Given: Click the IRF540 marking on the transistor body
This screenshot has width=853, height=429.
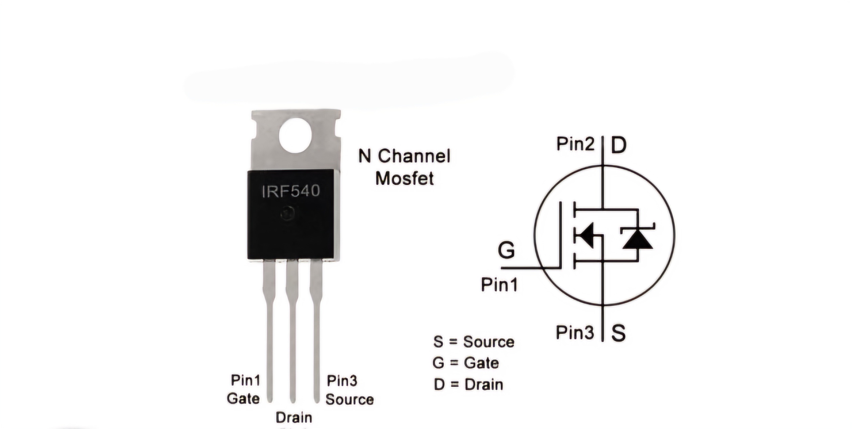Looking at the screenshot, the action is pyautogui.click(x=291, y=191).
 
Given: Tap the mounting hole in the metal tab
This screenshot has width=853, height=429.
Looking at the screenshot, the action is pyautogui.click(x=295, y=135).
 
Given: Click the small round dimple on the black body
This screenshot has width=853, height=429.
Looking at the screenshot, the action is pyautogui.click(x=288, y=213).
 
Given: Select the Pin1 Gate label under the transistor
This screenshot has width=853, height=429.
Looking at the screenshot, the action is pyautogui.click(x=244, y=389).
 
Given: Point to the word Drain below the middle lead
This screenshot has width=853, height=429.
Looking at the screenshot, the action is pyautogui.click(x=294, y=417).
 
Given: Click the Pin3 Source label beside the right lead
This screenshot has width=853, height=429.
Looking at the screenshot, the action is pyautogui.click(x=350, y=390).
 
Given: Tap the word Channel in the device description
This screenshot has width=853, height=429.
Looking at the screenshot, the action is pyautogui.click(x=414, y=156).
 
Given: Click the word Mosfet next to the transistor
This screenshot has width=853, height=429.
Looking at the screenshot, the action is pyautogui.click(x=404, y=178).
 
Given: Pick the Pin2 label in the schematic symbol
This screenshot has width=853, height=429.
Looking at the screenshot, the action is pyautogui.click(x=575, y=144).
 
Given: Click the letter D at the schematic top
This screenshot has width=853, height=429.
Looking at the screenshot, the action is pyautogui.click(x=619, y=145).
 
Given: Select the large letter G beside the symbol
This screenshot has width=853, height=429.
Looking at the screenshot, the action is pyautogui.click(x=506, y=250).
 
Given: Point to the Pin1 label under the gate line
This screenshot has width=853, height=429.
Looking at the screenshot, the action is pyautogui.click(x=499, y=284).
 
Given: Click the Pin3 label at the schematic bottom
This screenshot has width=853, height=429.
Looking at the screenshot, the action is pyautogui.click(x=575, y=332).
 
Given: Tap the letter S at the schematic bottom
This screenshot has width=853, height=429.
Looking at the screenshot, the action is pyautogui.click(x=618, y=333).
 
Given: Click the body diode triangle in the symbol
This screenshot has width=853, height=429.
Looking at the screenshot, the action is pyautogui.click(x=638, y=239).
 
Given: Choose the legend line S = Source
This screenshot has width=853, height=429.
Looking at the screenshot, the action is pyautogui.click(x=474, y=342).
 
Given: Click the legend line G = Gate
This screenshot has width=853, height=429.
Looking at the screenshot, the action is pyautogui.click(x=466, y=363).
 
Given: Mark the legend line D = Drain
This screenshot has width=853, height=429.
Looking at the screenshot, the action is pyautogui.click(x=468, y=385).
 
